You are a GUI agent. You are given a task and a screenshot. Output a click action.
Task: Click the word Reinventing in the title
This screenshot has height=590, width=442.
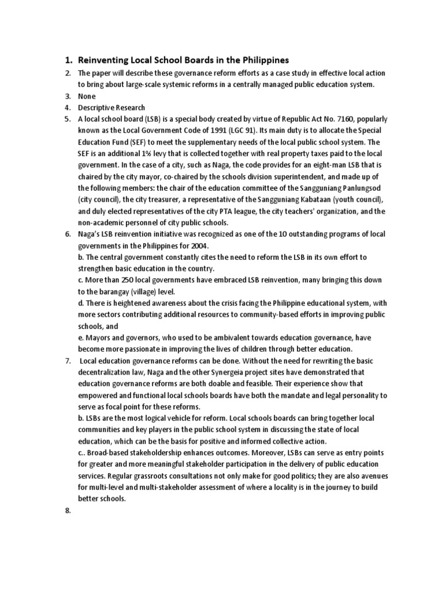click(107, 60)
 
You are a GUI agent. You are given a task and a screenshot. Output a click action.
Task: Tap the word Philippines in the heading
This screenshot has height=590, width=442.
click(262, 60)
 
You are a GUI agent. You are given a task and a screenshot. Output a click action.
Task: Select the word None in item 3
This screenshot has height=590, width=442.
click(87, 96)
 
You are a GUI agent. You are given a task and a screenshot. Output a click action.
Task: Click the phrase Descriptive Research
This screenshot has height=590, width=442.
click(112, 108)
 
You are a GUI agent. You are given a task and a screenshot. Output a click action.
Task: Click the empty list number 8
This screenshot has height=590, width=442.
click(68, 511)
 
